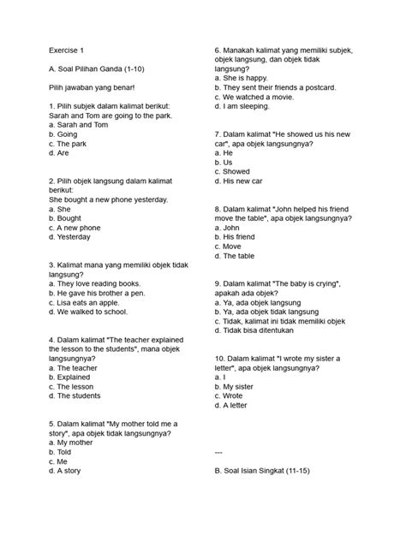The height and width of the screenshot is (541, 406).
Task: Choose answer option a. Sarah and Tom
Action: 78,125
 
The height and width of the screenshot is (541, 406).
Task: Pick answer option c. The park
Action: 69,144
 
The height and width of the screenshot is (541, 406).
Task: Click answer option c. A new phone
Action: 75,228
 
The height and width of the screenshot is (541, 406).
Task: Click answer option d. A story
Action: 66,471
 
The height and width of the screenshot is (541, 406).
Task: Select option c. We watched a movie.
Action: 259,98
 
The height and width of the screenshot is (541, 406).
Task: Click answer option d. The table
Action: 239,256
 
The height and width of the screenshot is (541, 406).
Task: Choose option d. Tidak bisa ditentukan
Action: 267,330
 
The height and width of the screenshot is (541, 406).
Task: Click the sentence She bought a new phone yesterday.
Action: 109,199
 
